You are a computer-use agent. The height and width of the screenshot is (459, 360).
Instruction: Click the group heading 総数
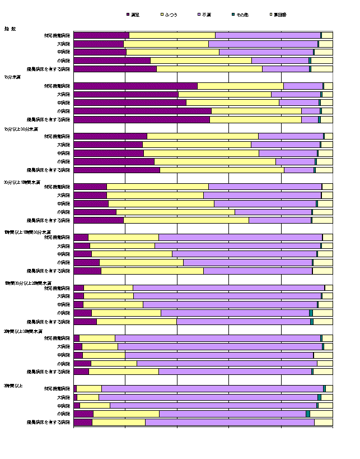point(10,28)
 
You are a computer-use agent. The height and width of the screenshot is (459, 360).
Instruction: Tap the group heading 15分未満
point(12,77)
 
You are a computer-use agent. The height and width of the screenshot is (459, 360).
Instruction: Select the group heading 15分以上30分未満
point(21,129)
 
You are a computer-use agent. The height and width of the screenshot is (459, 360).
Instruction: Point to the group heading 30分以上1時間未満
point(21,182)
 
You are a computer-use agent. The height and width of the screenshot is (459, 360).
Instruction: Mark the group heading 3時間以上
point(12,386)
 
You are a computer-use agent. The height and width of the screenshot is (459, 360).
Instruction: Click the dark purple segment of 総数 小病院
point(111,61)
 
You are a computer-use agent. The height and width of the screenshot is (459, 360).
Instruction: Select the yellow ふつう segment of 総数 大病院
point(166,44)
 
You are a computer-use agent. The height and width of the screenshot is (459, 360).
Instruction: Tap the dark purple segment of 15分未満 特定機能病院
point(135,86)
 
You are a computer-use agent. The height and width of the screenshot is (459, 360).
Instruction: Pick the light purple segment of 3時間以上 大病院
point(208,397)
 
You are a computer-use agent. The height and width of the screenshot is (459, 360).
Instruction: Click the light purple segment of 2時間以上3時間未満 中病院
point(219,355)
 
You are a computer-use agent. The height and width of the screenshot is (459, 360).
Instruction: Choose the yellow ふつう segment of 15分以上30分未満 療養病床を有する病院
point(222,170)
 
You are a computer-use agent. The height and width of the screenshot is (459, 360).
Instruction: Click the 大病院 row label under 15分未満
point(63,95)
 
